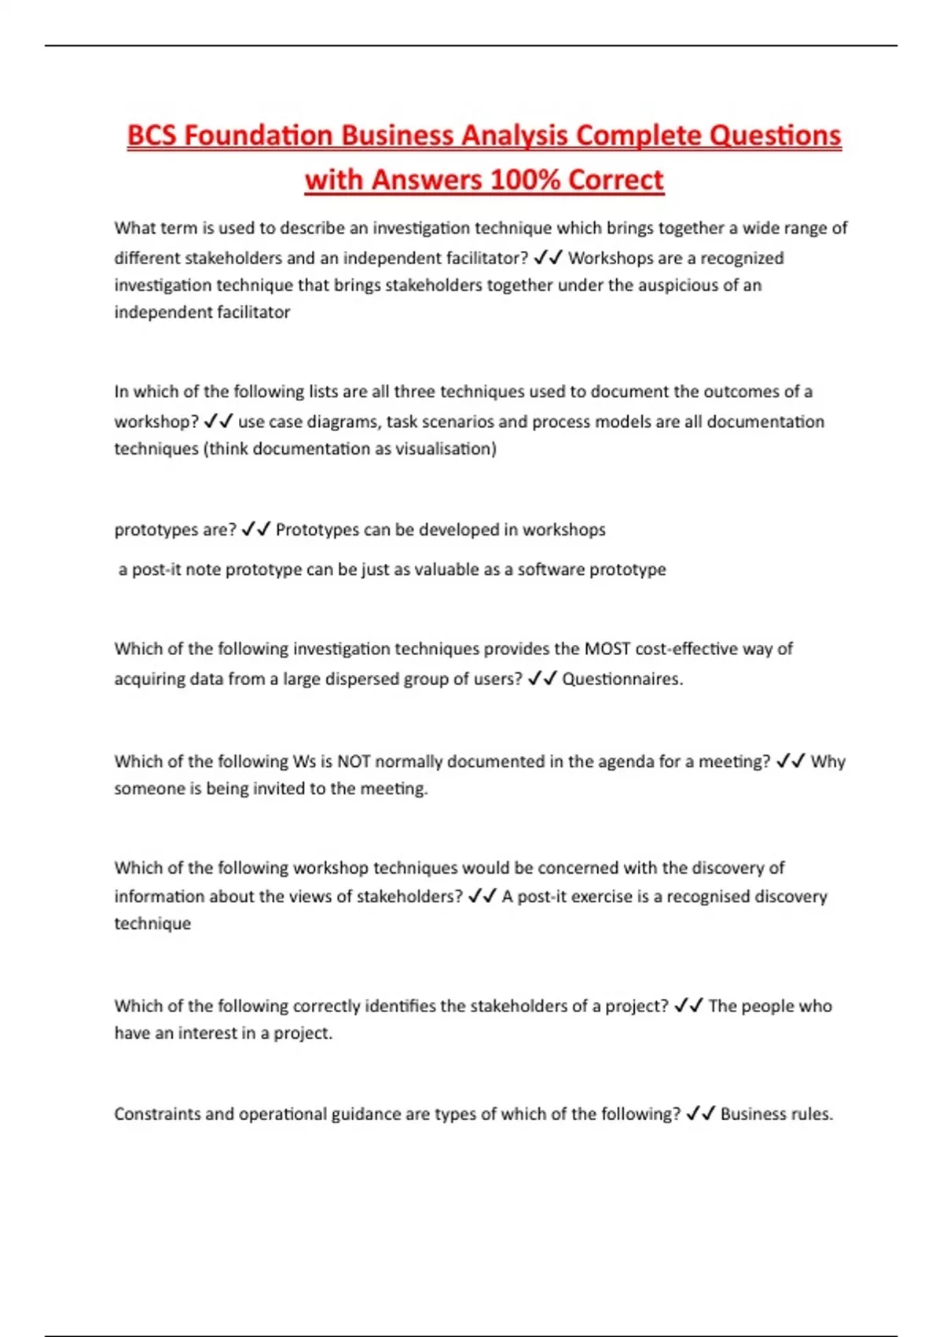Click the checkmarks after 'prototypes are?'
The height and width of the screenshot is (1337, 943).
click(256, 529)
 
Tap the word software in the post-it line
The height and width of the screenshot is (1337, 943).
click(550, 569)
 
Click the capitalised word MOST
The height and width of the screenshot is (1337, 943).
click(607, 649)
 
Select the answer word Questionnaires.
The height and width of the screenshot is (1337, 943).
click(622, 679)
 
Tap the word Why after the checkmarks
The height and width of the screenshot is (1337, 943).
click(827, 761)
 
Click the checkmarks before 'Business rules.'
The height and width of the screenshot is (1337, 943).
click(700, 1114)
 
